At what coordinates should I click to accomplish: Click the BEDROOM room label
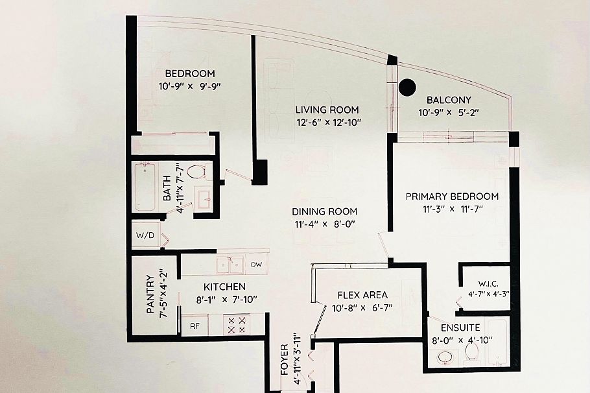tap(189, 73)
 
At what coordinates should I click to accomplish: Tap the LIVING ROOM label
tap(327, 110)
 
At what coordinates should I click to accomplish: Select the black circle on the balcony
tap(407, 86)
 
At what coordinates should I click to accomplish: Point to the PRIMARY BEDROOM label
tap(452, 196)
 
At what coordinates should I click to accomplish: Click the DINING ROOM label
tap(324, 211)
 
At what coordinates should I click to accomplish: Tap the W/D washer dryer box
tap(145, 235)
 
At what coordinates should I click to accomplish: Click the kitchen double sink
tap(230, 264)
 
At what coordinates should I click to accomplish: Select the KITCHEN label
tap(224, 286)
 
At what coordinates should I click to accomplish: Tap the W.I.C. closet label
tap(487, 283)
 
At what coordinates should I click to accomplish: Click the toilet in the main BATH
tap(197, 173)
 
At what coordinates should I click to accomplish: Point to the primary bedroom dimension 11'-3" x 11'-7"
tap(452, 208)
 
